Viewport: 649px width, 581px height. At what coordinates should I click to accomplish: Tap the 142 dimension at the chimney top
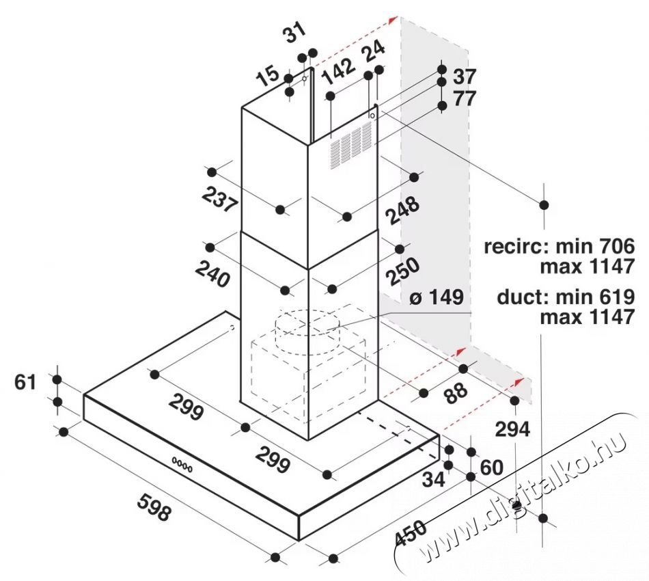coord(338,71)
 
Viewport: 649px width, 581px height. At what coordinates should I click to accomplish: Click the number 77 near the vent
coord(464,98)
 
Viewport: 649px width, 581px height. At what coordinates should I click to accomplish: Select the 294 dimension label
coord(512,429)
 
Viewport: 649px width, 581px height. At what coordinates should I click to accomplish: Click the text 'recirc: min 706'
coord(559,246)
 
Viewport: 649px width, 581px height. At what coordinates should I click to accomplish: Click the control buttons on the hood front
coord(182,463)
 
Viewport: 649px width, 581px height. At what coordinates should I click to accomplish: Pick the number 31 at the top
coord(294,35)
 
